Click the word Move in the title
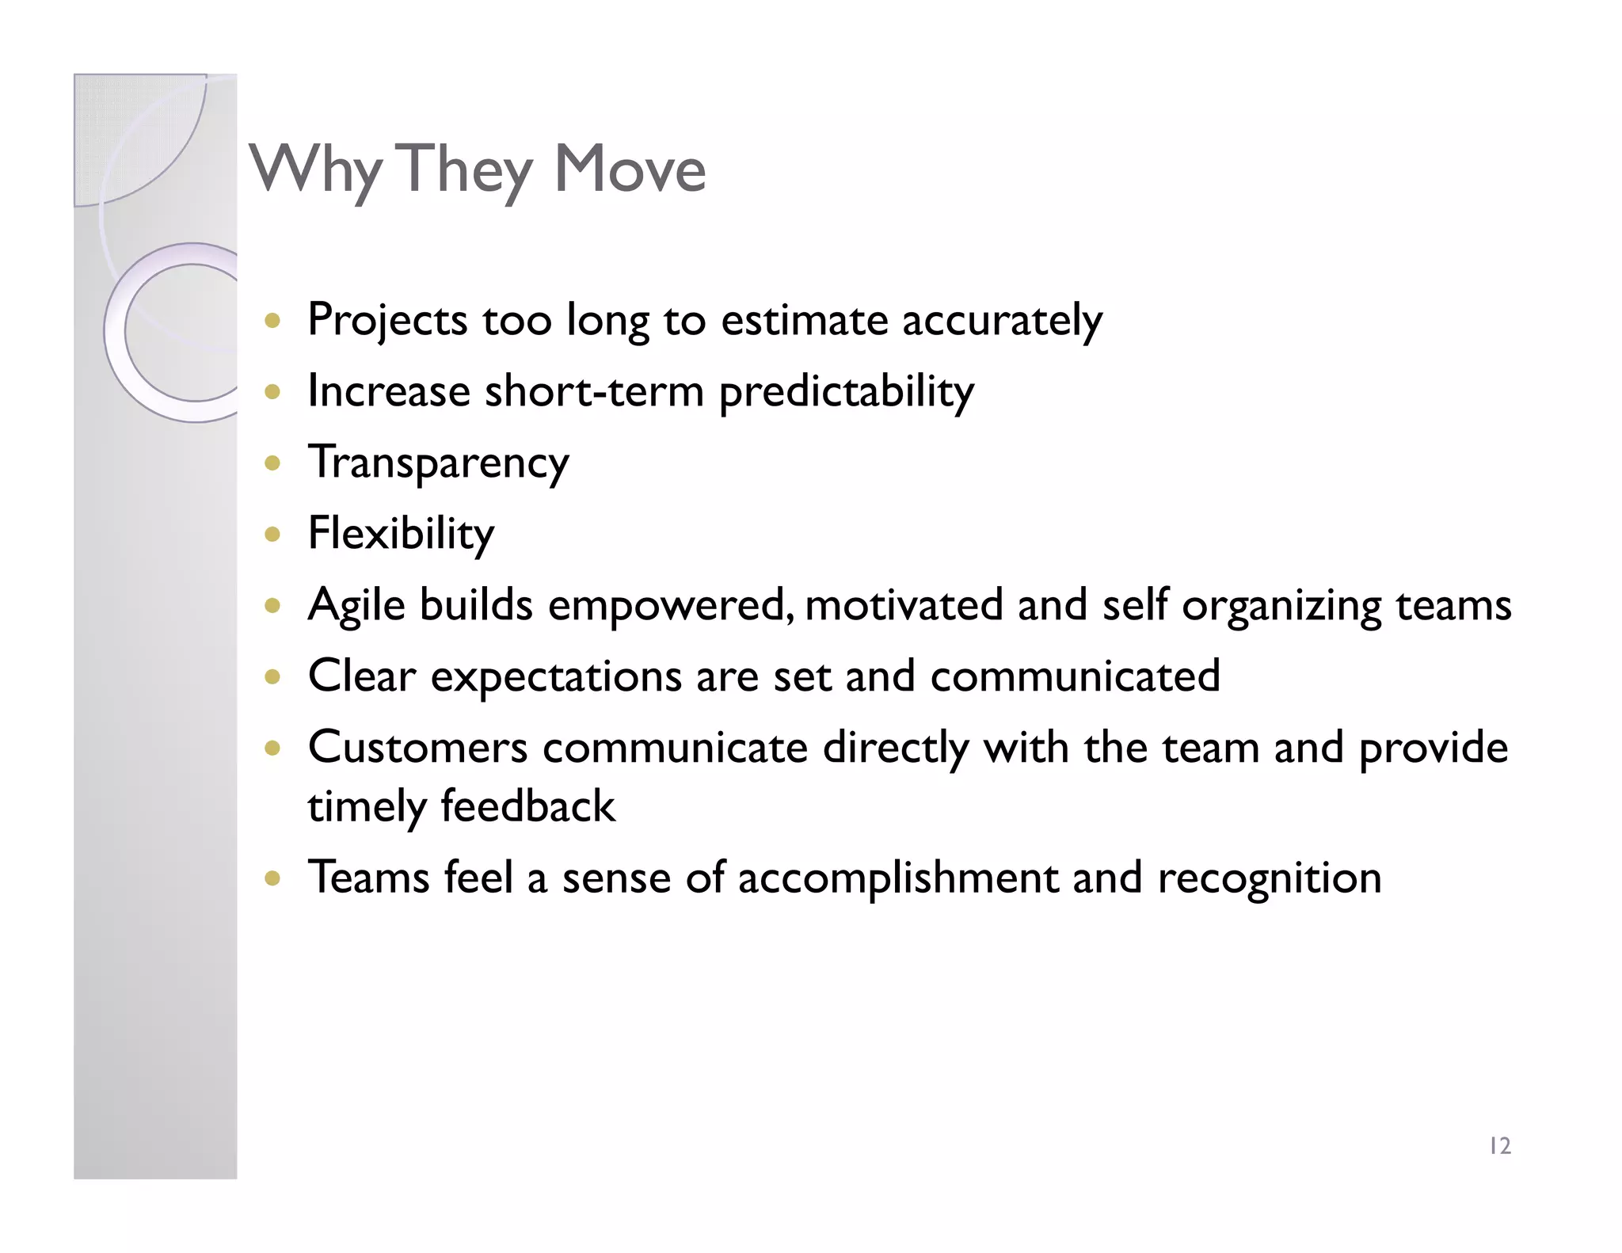(630, 169)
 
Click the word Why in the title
(315, 170)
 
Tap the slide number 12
(1499, 1146)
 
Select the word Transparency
(438, 463)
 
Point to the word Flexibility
(401, 534)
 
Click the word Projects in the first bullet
(387, 321)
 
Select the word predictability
(846, 392)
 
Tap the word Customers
(417, 748)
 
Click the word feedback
(527, 807)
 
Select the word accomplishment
(897, 878)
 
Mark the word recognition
(1269, 878)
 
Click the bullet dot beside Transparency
(272, 463)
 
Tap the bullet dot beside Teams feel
(272, 878)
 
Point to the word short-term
(594, 392)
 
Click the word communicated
(1075, 677)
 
